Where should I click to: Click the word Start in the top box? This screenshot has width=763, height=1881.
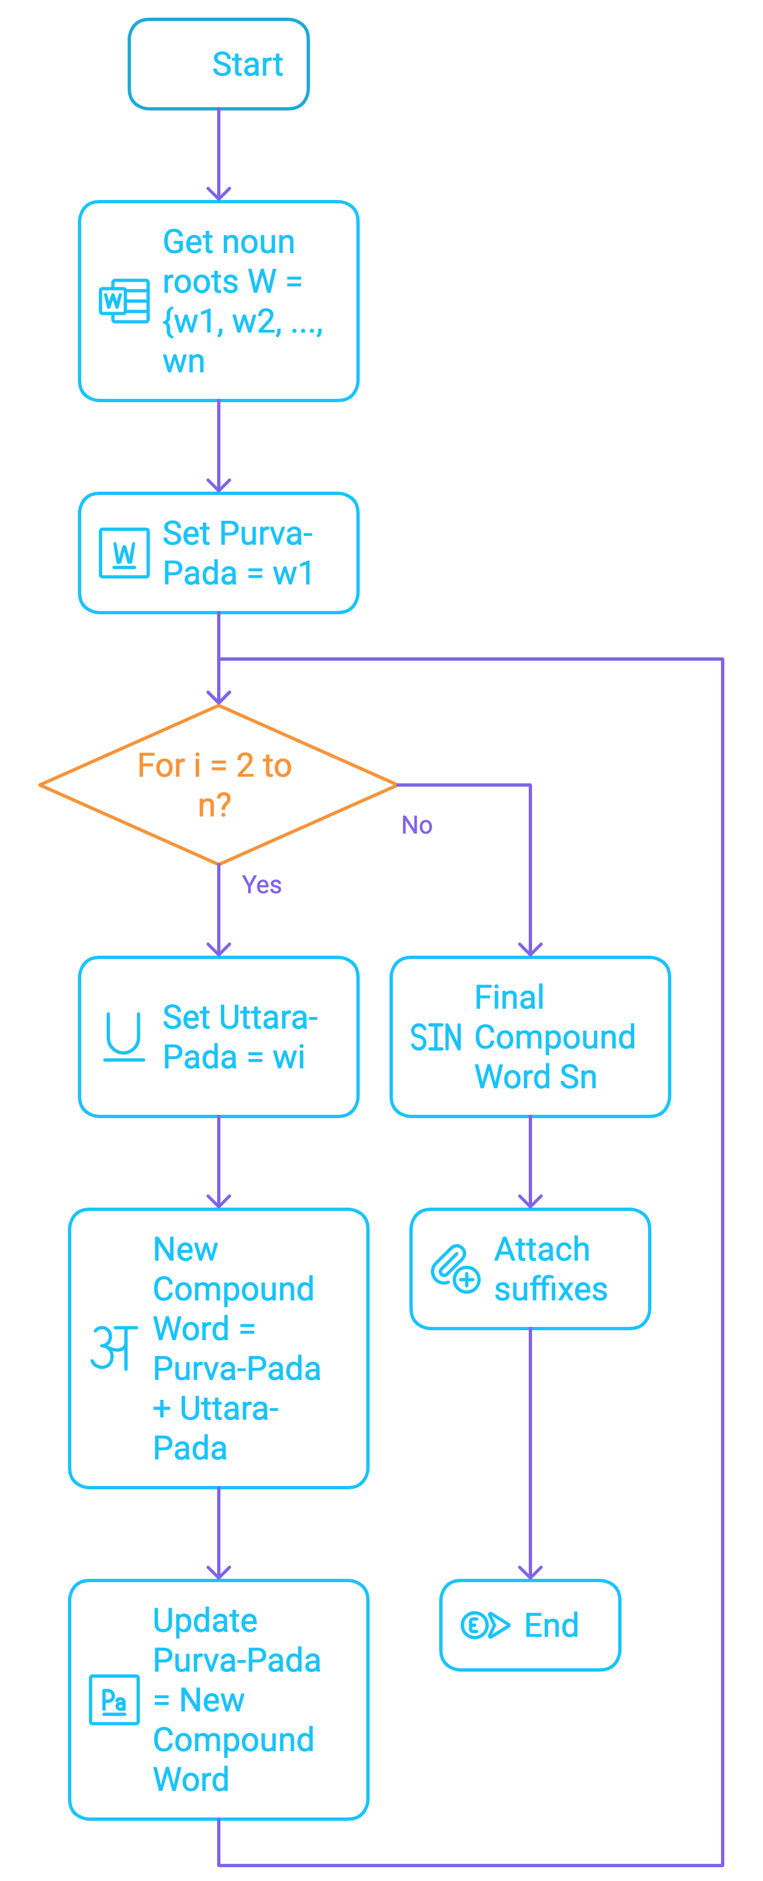coord(247,64)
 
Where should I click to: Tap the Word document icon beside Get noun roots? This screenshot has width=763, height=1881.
coord(124,301)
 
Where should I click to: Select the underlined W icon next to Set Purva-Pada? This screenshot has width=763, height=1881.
coord(124,553)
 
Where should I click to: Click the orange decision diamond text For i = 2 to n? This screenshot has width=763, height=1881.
coord(215,785)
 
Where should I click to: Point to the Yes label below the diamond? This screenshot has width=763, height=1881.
coord(261,885)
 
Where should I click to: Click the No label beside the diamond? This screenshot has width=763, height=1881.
coord(417,825)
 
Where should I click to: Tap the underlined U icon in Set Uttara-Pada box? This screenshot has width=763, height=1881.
coord(123,1036)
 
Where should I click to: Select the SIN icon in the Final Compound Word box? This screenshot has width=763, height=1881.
coord(435,1037)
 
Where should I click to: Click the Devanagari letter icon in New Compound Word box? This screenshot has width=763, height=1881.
coord(114,1347)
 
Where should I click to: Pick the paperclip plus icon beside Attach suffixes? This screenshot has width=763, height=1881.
coord(455,1269)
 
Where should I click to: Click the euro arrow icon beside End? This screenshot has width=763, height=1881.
coord(485,1625)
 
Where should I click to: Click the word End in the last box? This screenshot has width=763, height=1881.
coord(551,1625)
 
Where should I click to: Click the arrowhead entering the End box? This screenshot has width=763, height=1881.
coord(530,1573)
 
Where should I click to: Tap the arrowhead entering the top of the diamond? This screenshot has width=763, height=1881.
coord(218,698)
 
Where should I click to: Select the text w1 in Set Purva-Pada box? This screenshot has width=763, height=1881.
coord(293,573)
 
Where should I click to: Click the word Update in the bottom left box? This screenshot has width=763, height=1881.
coord(205,1620)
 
